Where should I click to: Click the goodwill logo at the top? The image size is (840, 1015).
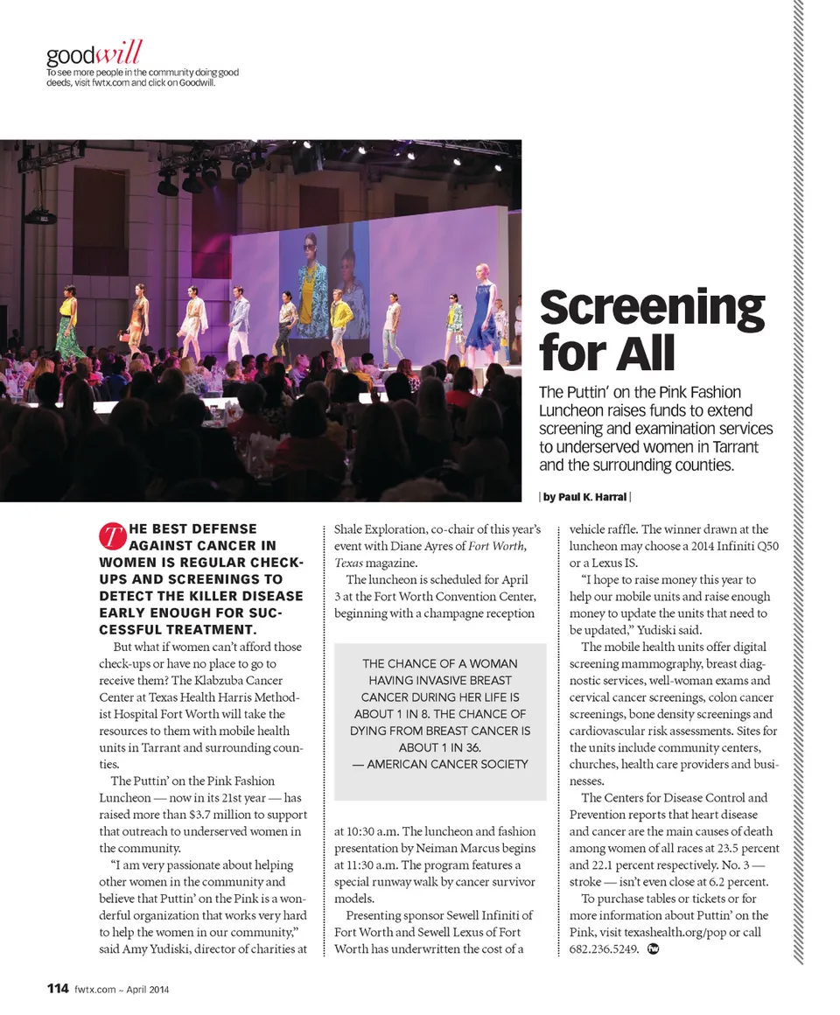94,53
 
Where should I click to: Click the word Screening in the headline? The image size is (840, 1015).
652,308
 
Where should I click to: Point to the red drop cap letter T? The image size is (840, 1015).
111,535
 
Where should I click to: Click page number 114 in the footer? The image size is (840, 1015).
58,989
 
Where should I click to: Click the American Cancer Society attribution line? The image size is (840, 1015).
440,765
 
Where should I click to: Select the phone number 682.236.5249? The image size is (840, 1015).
604,949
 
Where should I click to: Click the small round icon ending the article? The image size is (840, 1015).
652,949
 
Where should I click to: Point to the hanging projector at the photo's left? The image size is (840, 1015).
40,214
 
